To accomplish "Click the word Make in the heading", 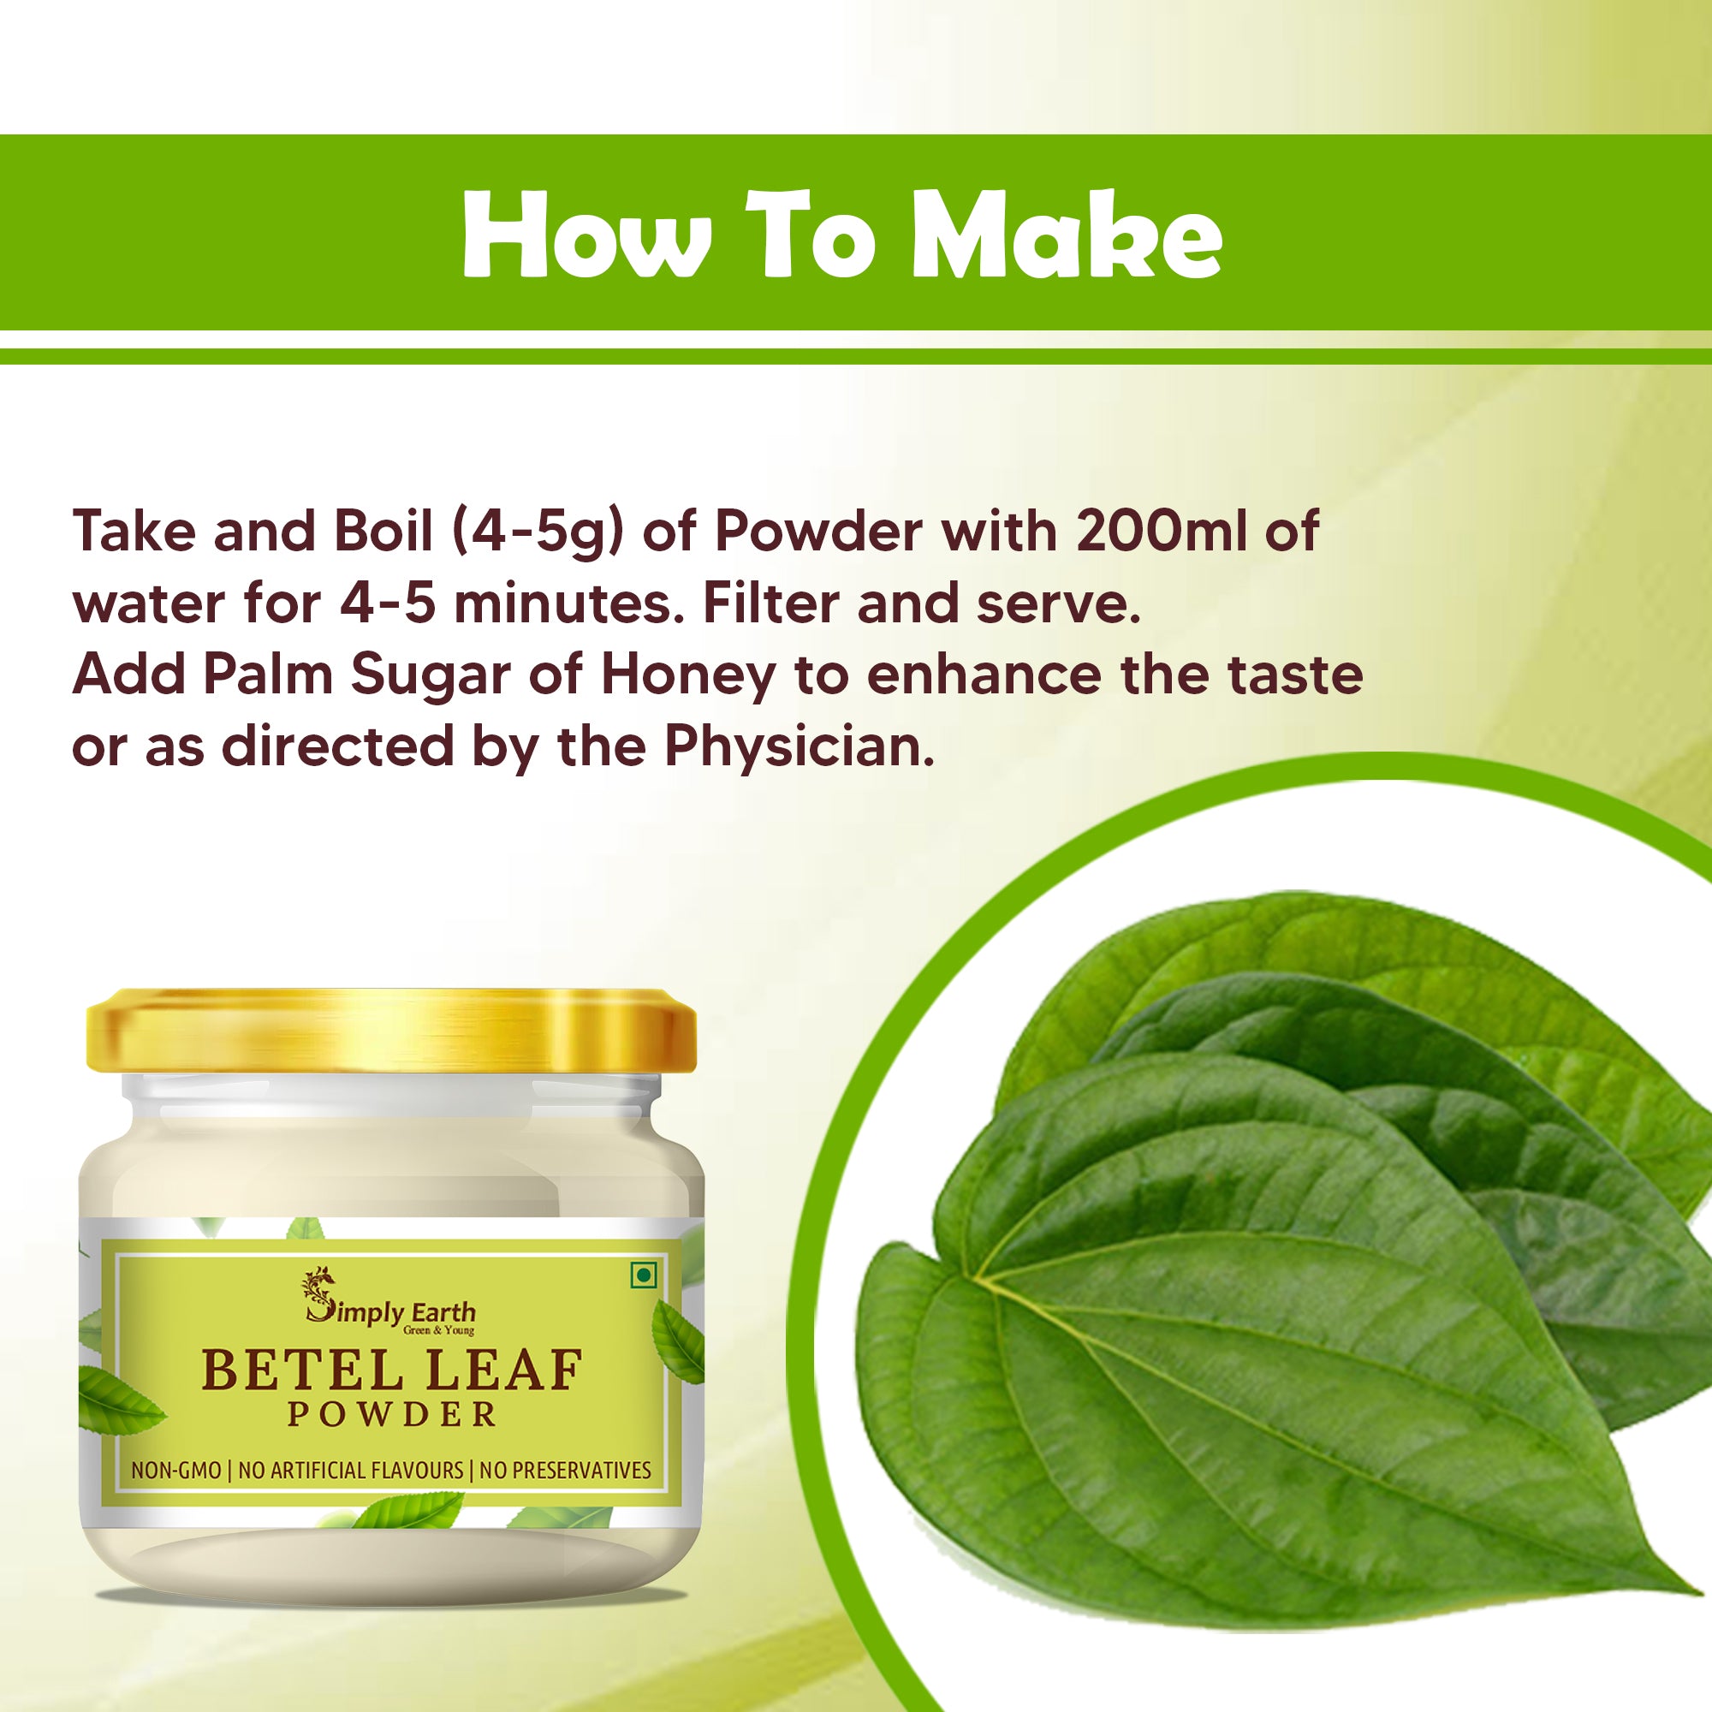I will pyautogui.click(x=1067, y=235).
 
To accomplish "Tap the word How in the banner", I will pyautogui.click(x=586, y=235).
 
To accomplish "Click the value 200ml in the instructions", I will pyautogui.click(x=1162, y=531).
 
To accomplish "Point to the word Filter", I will pyautogui.click(x=770, y=603).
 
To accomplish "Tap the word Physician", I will pyautogui.click(x=800, y=746).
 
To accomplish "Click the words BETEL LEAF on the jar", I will pyautogui.click(x=391, y=1371).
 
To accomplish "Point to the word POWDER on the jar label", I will pyautogui.click(x=391, y=1414).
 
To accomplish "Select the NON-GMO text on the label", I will pyautogui.click(x=175, y=1471).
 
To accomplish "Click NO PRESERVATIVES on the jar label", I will pyautogui.click(x=564, y=1471).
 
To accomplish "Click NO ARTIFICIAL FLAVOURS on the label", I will pyautogui.click(x=350, y=1471).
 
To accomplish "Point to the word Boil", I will pyautogui.click(x=383, y=532).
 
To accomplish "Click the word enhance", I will pyautogui.click(x=984, y=675).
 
